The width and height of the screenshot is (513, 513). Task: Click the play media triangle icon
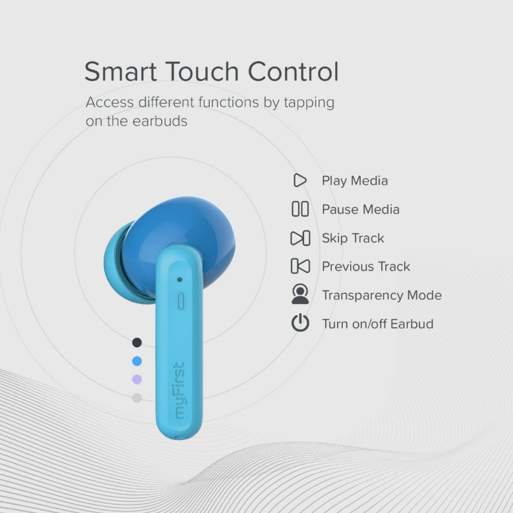click(x=300, y=180)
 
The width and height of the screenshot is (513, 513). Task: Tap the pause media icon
click(x=300, y=209)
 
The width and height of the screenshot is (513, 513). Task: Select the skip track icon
click(x=300, y=238)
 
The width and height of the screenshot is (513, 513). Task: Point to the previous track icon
click(x=300, y=266)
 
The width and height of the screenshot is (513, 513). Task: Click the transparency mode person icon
click(x=300, y=295)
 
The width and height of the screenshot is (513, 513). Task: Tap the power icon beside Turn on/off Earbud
click(x=300, y=323)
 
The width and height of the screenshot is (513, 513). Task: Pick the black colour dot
click(x=137, y=342)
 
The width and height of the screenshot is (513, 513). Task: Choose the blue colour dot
click(x=137, y=361)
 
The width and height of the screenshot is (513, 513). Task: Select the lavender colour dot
click(x=137, y=380)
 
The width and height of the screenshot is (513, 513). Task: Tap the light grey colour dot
click(x=137, y=398)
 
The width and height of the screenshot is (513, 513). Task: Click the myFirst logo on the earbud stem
click(x=179, y=391)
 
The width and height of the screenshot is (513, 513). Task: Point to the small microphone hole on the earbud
click(x=180, y=280)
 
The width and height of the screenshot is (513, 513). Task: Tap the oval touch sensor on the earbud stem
click(x=180, y=301)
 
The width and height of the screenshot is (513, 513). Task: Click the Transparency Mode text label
click(x=381, y=295)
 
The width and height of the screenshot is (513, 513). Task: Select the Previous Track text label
click(x=366, y=266)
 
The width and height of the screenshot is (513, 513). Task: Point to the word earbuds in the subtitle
click(x=160, y=121)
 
